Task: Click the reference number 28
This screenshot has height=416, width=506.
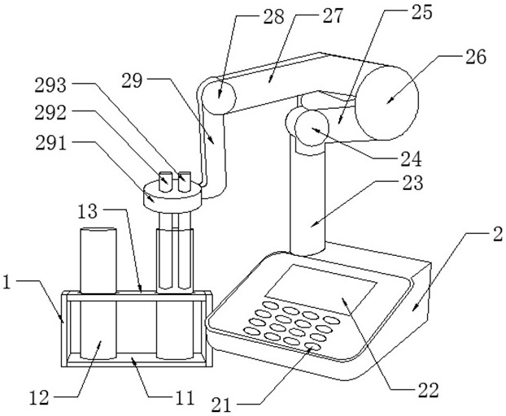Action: pos(273,16)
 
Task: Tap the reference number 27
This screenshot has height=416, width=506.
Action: pos(332,15)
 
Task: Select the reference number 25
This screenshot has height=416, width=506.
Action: pos(421,12)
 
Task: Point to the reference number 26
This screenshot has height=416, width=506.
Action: pos(475,57)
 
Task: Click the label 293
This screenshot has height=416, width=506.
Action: pos(50,85)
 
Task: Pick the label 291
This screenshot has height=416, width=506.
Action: pos(51,143)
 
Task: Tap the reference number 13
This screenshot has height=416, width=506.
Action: pos(88,211)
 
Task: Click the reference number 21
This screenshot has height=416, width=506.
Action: pos(222,405)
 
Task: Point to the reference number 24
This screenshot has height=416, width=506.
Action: pos(411,158)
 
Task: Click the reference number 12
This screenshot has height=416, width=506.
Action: pos(39,397)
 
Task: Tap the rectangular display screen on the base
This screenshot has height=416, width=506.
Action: pos(321,289)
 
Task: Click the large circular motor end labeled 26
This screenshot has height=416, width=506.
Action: pos(387,103)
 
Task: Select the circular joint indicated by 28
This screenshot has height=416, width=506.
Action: pos(218,97)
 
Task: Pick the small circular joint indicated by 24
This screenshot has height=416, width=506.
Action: pos(312,128)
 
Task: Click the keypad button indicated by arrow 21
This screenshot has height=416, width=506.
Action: pos(313,347)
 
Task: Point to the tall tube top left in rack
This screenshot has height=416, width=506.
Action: pos(98,260)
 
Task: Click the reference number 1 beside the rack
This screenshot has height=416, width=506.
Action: pos(7,283)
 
